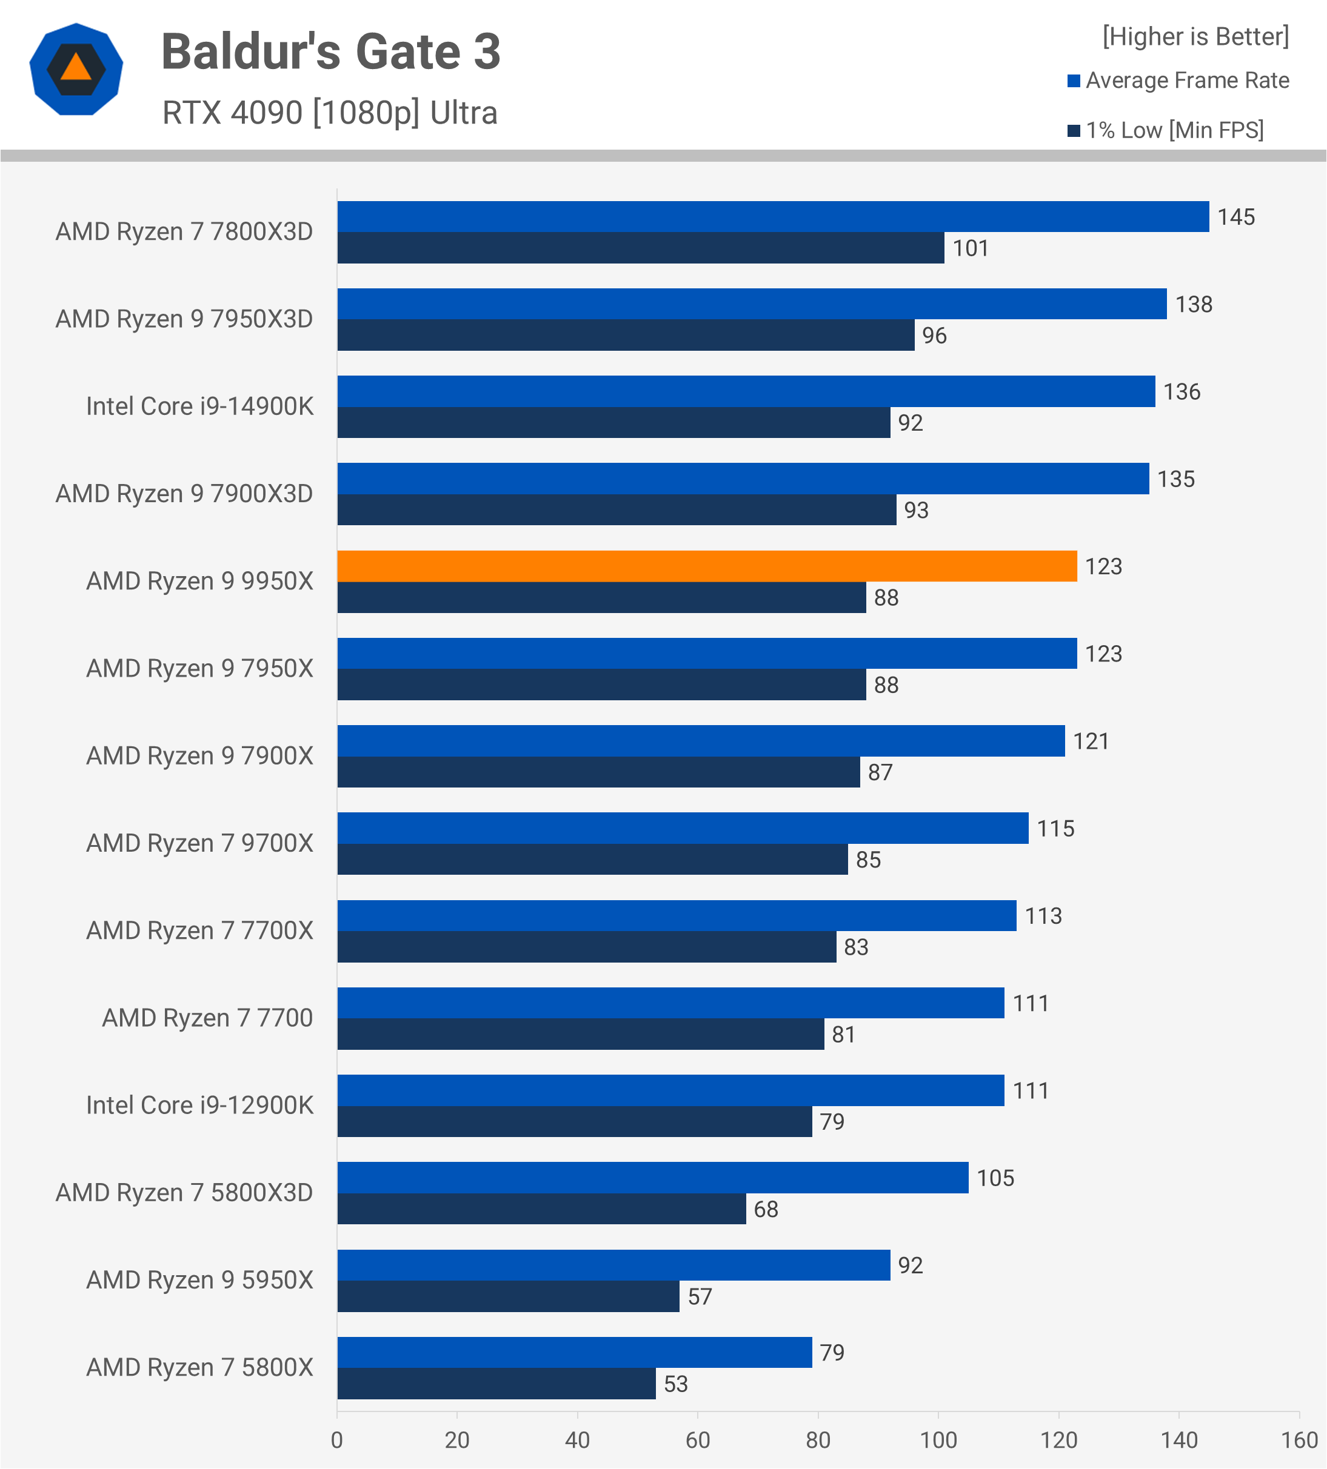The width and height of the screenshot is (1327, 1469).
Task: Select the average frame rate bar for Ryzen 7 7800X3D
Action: tap(773, 216)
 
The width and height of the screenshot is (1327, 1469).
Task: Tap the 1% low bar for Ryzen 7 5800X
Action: tap(496, 1384)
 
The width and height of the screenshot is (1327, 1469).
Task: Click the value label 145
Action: tap(1236, 217)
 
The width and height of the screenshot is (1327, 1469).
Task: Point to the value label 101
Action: tap(971, 248)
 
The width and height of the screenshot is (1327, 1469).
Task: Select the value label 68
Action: tap(766, 1210)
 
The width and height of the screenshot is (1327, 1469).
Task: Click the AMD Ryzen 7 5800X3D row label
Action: tap(184, 1193)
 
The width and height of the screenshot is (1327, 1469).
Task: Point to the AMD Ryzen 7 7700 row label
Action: tap(207, 1018)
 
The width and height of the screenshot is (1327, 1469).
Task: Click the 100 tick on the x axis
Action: tap(938, 1441)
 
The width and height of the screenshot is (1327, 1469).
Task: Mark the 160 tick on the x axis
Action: tap(1299, 1441)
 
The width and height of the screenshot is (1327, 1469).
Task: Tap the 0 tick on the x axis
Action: tap(337, 1441)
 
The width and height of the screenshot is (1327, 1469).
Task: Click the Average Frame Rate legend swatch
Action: tap(1073, 81)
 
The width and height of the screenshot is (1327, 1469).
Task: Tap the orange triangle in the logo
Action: tap(76, 68)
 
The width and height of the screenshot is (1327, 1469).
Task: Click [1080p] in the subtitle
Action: tap(366, 113)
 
